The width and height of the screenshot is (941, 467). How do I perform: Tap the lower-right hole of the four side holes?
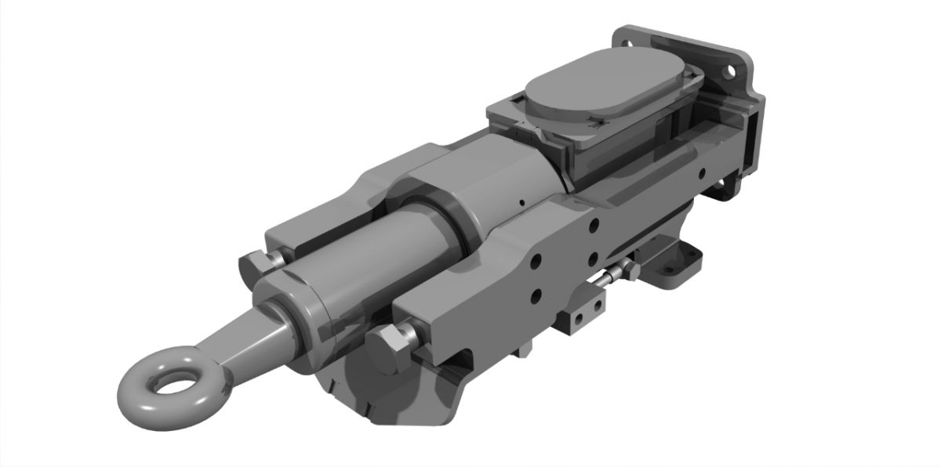coord(594,259)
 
